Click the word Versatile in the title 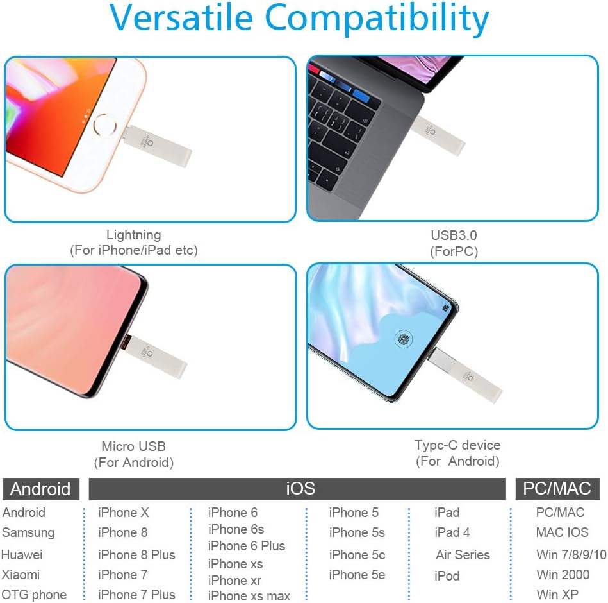pos(181,17)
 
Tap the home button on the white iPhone pos(104,125)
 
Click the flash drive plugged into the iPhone pos(157,146)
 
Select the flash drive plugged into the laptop pos(438,136)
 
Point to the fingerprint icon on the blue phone pos(403,339)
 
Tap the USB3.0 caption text pos(454,235)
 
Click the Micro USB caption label pos(133,446)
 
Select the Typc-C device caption pos(457,445)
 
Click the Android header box pos(41,489)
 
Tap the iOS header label pos(300,488)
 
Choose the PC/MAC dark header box pos(557,488)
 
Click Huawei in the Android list pos(22,554)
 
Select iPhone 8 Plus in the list pos(136,554)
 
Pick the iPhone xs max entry pos(249,595)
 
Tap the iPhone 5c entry pos(357,554)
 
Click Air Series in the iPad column pos(463,554)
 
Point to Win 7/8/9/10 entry pos(571,554)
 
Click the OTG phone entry pos(34,595)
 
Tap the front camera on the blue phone pos(445,308)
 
